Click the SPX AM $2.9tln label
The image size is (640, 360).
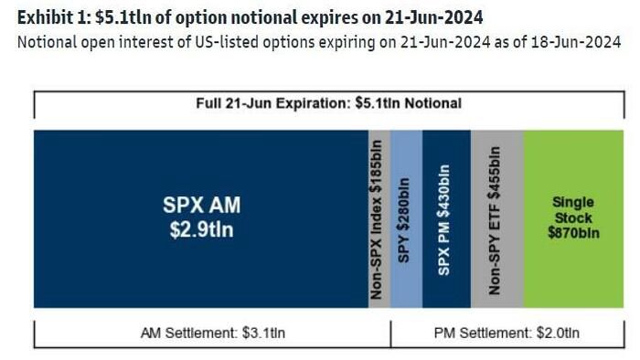point(202,217)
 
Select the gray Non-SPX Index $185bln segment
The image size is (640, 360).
point(379,219)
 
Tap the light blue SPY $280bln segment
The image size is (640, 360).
point(406,219)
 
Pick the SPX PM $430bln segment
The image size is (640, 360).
point(446,219)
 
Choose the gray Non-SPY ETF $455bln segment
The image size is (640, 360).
point(497,219)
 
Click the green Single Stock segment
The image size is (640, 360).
point(573,219)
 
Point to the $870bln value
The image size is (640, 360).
point(573,233)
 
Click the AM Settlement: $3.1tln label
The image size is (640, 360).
point(213,334)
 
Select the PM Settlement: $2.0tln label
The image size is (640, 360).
point(507,334)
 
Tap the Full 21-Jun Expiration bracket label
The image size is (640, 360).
point(328,103)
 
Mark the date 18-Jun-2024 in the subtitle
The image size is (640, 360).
point(576,42)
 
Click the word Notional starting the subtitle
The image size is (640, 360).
point(47,42)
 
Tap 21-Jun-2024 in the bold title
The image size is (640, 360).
point(433,17)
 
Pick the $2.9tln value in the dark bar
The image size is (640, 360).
point(202,229)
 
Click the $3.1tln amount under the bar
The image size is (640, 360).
point(263,334)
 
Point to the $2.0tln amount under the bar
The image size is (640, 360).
point(558,334)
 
